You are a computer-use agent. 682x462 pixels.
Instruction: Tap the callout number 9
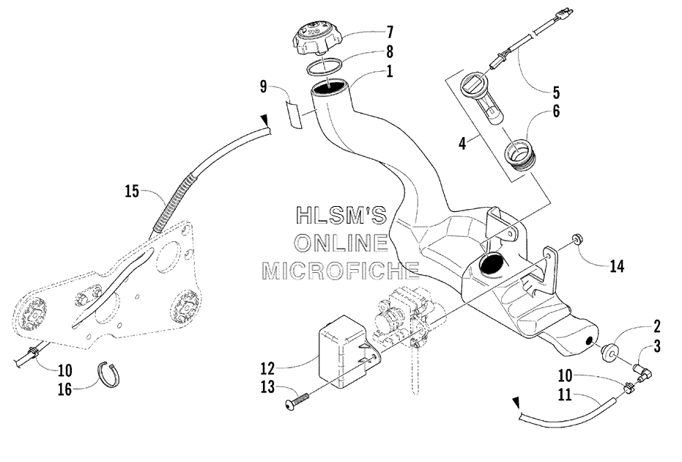263,87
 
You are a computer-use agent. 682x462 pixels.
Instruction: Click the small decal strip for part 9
293,114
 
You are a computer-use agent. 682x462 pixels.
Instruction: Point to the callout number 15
132,191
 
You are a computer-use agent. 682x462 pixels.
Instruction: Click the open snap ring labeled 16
108,375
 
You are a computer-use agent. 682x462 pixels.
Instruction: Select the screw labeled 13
298,400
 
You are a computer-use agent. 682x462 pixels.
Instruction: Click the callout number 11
565,395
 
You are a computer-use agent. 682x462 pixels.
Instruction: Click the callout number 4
462,143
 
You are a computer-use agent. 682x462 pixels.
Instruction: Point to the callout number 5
556,92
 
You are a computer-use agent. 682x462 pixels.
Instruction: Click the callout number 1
389,71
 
